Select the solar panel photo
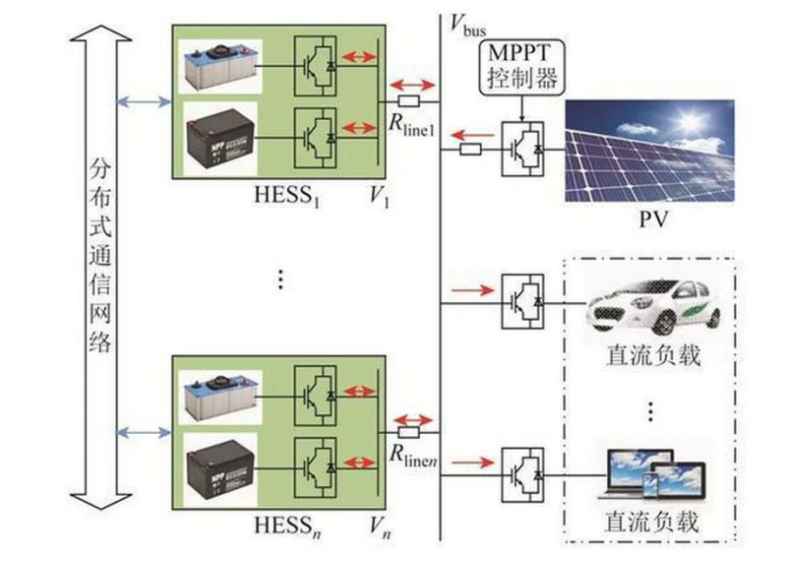[649, 149]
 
